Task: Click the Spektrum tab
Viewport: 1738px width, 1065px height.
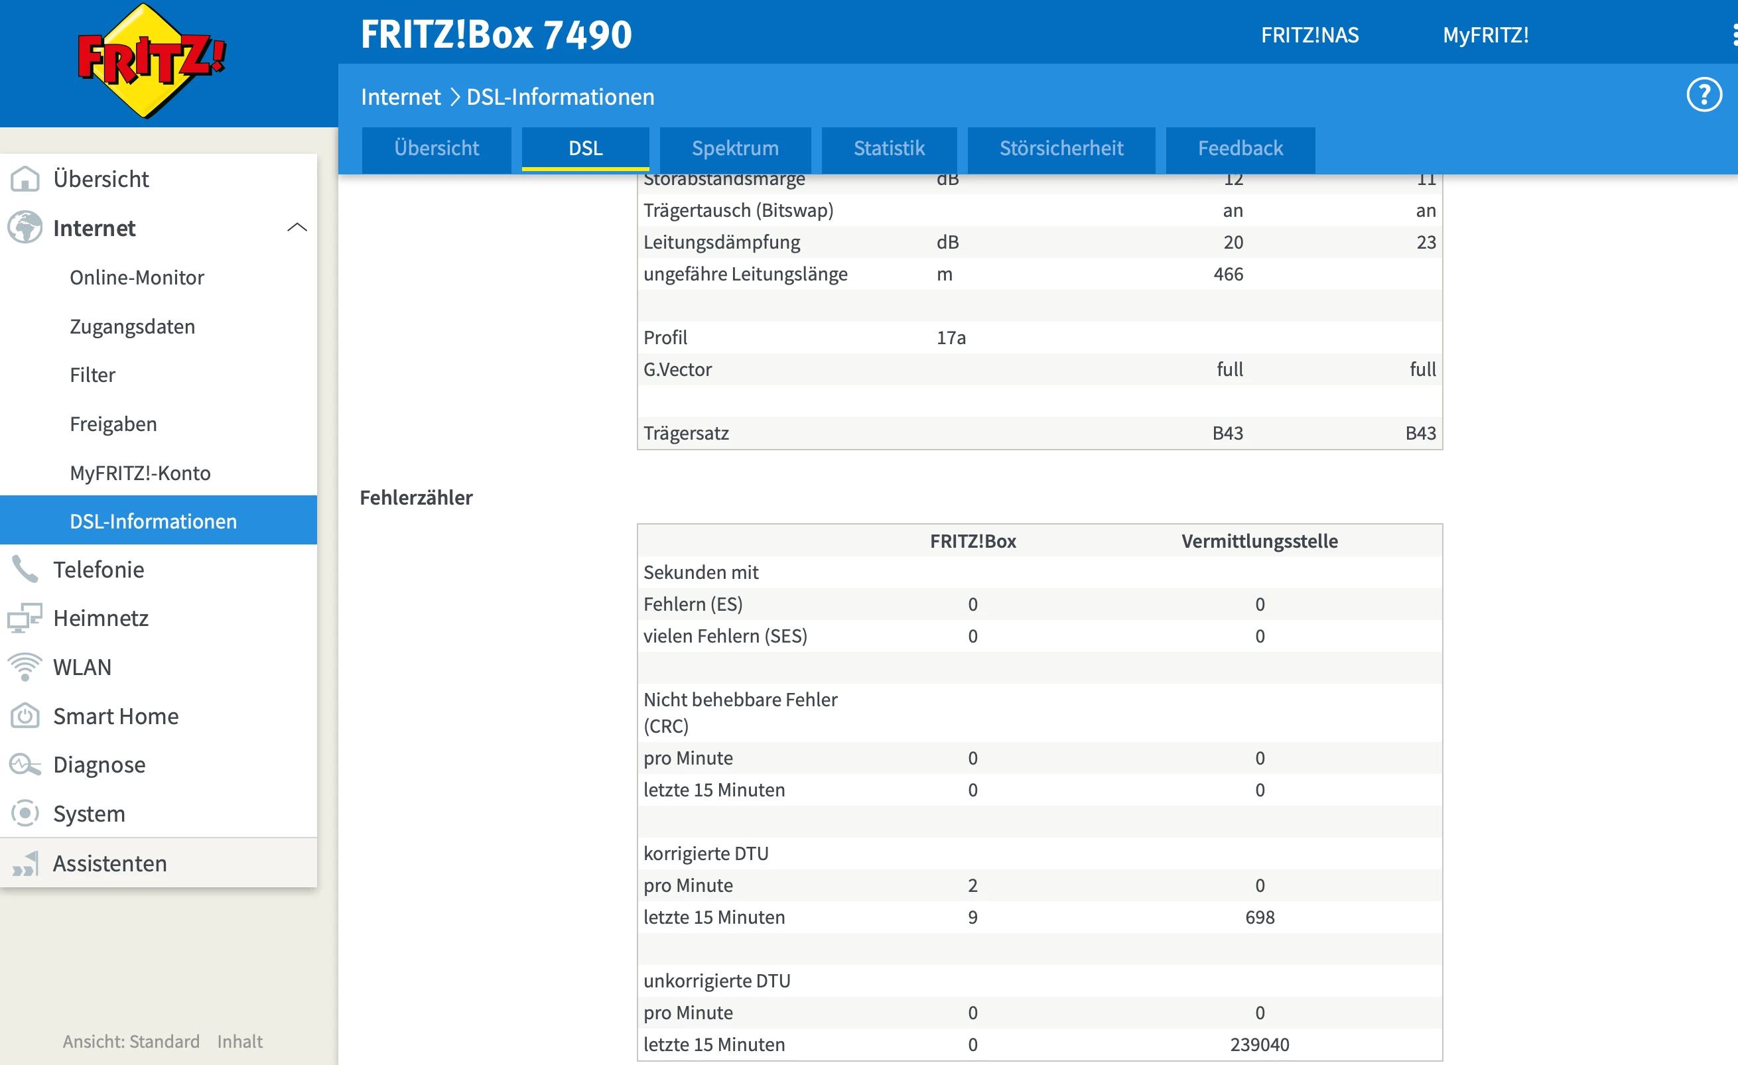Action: pyautogui.click(x=735, y=148)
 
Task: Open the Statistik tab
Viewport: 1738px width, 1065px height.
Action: pyautogui.click(x=889, y=148)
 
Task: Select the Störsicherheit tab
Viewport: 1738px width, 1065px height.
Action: pyautogui.click(x=1061, y=148)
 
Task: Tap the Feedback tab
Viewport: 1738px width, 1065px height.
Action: pyautogui.click(x=1240, y=148)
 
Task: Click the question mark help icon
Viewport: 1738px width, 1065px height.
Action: pyautogui.click(x=1704, y=95)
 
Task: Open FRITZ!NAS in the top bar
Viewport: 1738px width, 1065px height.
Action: pyautogui.click(x=1310, y=34)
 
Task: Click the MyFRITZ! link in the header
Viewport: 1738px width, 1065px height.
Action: pyautogui.click(x=1485, y=34)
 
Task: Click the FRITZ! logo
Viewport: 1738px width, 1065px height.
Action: pyautogui.click(x=151, y=60)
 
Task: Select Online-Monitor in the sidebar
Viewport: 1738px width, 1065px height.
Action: pyautogui.click(x=137, y=277)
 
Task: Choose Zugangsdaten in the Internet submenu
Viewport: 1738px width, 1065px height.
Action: pyautogui.click(x=133, y=326)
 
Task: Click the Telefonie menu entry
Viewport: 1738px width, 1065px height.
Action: pyautogui.click(x=99, y=569)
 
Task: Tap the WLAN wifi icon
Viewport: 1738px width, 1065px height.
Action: pyautogui.click(x=25, y=666)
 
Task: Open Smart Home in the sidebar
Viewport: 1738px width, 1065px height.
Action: pyautogui.click(x=115, y=716)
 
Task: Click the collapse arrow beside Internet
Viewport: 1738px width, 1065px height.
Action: pyautogui.click(x=297, y=227)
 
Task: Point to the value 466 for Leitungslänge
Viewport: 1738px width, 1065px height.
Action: pyautogui.click(x=1228, y=274)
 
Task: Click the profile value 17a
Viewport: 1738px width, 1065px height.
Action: pyautogui.click(x=951, y=337)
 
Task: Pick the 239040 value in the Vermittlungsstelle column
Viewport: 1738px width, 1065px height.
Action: pyautogui.click(x=1260, y=1044)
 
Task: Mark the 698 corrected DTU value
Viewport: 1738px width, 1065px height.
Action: pyautogui.click(x=1260, y=917)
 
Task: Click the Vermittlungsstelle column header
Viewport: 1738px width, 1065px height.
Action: pyautogui.click(x=1260, y=541)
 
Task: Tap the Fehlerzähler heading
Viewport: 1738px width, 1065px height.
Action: pyautogui.click(x=416, y=497)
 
